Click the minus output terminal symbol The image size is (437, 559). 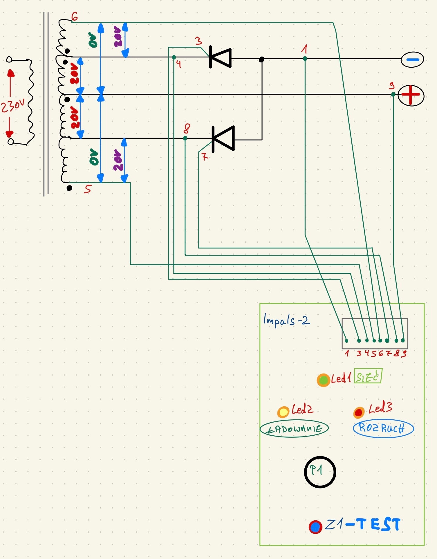point(412,59)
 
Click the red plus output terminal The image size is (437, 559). point(411,95)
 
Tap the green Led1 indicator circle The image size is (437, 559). point(324,380)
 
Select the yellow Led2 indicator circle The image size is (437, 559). point(283,412)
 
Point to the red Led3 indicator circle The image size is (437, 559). point(359,412)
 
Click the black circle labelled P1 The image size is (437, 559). point(320,472)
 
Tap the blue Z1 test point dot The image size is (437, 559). point(315,527)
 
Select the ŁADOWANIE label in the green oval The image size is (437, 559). point(294,429)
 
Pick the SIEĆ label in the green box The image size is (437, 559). point(368,377)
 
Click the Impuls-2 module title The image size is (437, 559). point(286,320)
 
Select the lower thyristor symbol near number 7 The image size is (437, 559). point(223,139)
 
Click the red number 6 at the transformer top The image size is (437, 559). point(75,17)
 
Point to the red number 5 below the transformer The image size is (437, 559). point(87,189)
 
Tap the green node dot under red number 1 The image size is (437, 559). point(305,59)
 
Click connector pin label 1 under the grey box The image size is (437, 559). point(347,353)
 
